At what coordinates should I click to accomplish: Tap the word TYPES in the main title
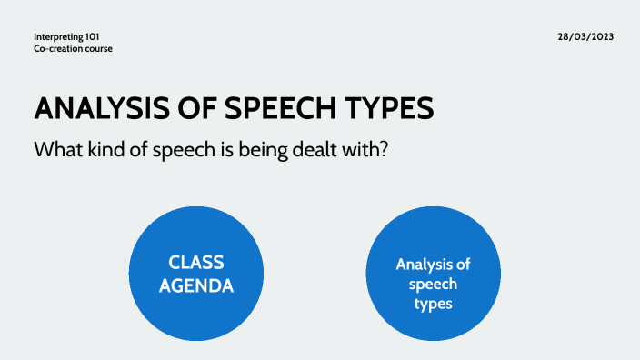pos(386,108)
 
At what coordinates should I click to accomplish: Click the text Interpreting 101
pos(66,36)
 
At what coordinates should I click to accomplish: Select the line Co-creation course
pos(73,48)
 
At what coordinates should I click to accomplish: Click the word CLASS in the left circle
pos(196,263)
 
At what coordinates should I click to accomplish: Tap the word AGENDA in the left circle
pos(196,285)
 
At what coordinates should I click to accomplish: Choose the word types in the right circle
pos(433,304)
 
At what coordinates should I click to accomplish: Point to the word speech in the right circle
pos(433,285)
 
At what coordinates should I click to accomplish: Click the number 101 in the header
pos(91,36)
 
